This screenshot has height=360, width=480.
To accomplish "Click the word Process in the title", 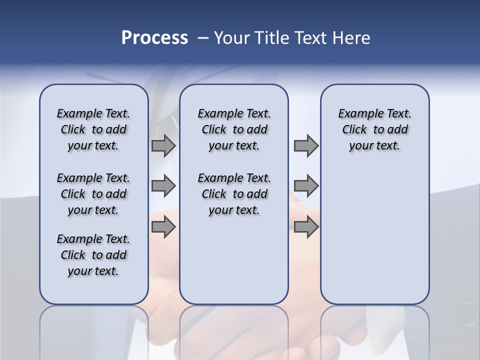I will (x=154, y=38).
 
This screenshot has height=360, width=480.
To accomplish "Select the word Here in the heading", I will (x=351, y=38).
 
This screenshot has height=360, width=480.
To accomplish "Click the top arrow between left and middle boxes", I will (x=163, y=146).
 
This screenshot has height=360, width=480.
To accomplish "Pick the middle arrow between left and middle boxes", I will (x=163, y=186).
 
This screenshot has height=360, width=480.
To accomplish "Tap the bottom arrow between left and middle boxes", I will (x=163, y=227).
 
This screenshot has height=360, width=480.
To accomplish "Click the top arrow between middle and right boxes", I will (x=306, y=146).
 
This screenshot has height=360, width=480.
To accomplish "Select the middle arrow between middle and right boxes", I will (x=306, y=186).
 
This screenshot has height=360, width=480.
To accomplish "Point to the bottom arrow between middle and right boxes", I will (x=306, y=227).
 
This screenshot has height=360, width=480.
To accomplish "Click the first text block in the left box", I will (x=93, y=129).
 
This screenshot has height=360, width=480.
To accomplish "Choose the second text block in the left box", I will (x=93, y=194).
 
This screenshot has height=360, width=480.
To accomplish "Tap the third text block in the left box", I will (x=93, y=255).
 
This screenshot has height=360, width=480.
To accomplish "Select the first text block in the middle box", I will (x=234, y=129).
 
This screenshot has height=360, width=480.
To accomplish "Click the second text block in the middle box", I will (x=234, y=194).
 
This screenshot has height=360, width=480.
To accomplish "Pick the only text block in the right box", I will (x=375, y=129).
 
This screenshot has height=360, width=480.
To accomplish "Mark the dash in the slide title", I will (x=203, y=38).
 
